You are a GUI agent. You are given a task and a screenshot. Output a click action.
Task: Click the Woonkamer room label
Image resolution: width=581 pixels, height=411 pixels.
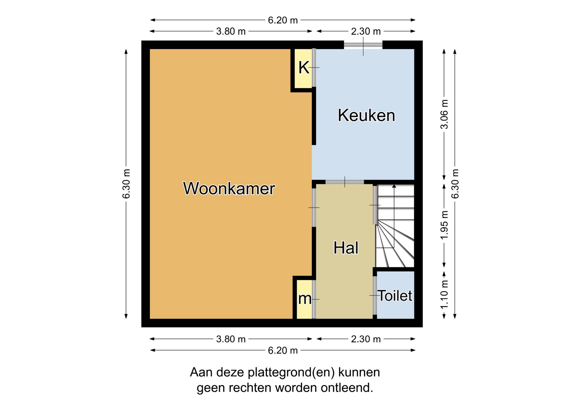tap(229, 188)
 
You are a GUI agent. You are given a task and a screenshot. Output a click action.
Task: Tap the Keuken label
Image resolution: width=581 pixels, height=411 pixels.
tap(366, 115)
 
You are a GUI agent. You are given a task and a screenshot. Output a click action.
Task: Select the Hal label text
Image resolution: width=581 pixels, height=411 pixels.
tap(346, 248)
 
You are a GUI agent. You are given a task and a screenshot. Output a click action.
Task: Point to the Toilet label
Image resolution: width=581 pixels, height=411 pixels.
tap(395, 296)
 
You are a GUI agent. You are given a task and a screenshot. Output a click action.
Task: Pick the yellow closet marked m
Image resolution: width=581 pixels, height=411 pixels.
tap(304, 299)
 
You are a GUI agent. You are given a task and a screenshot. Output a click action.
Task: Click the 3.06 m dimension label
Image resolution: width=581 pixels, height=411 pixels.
tap(444, 114)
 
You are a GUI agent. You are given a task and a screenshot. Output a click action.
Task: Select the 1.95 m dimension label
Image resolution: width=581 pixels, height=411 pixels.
tap(444, 225)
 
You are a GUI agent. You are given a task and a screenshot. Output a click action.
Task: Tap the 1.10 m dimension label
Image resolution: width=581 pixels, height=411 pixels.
tap(444, 294)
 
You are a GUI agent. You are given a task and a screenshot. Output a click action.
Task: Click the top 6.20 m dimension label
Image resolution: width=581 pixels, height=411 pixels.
tap(283, 20)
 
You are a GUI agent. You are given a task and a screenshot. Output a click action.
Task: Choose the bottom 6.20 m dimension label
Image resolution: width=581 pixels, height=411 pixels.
tap(283, 350)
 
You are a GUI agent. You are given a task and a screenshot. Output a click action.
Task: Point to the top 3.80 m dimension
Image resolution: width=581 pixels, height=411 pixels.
tap(231, 31)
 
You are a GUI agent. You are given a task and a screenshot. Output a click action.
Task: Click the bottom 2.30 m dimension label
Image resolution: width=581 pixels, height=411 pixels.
tap(366, 339)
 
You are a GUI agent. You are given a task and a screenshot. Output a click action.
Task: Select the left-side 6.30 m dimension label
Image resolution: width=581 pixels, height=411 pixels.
tap(126, 184)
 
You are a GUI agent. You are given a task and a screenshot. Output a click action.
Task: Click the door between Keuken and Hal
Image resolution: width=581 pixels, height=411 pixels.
tap(345, 182)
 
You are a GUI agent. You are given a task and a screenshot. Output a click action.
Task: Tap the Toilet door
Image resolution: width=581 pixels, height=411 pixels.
tap(375, 295)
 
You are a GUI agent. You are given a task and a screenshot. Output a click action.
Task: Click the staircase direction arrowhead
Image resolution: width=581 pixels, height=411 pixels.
tap(394, 186)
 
